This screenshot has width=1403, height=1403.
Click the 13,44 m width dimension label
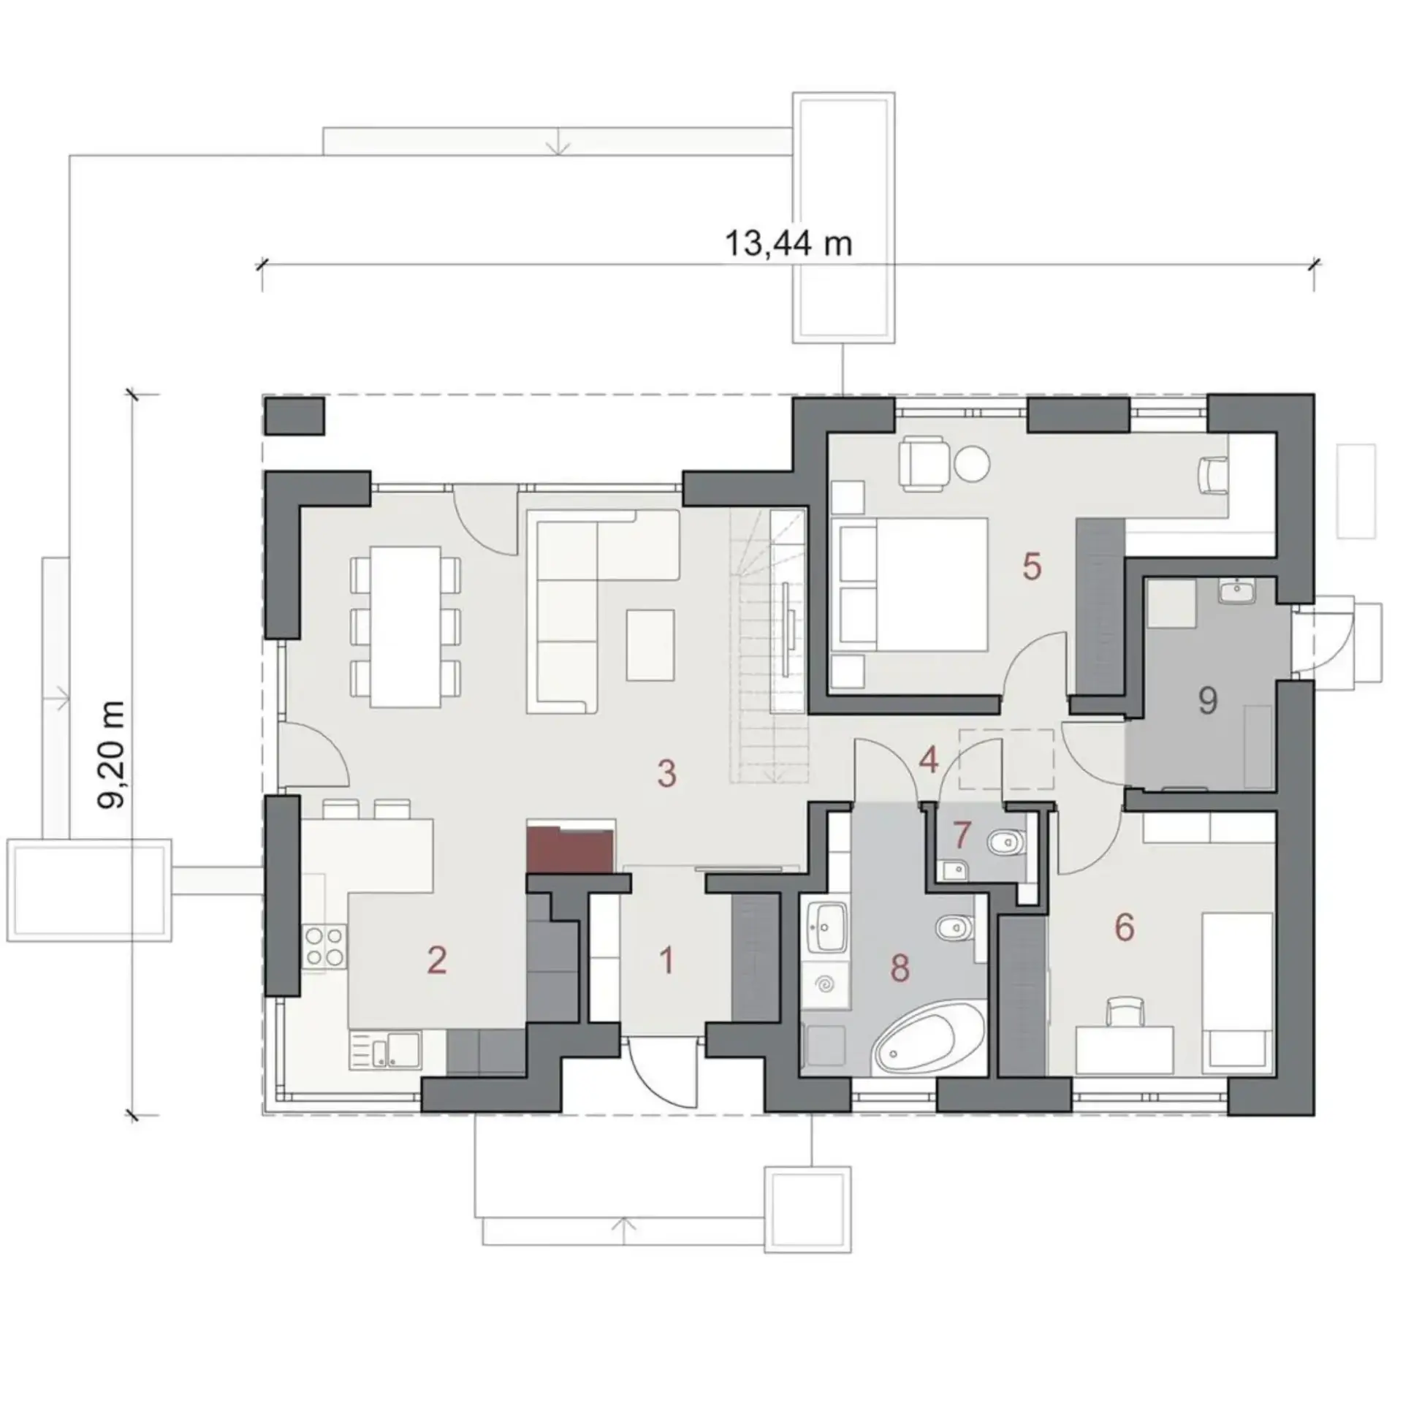788,243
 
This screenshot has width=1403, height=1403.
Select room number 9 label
1208,701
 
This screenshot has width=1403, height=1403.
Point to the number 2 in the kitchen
437,960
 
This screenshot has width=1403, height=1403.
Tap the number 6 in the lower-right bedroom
1124,927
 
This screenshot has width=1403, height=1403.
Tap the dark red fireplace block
571,850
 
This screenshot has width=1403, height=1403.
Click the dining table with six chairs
406,626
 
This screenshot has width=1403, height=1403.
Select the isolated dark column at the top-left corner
294,417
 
